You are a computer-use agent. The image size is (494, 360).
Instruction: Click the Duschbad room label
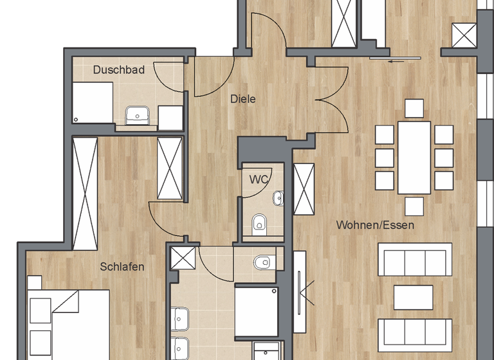(x=118, y=70)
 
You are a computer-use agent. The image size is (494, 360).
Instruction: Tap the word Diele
(x=243, y=99)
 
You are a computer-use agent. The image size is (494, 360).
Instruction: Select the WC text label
(x=259, y=179)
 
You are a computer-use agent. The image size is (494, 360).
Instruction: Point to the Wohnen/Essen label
(x=375, y=225)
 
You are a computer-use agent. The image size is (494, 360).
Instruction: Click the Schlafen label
(x=122, y=266)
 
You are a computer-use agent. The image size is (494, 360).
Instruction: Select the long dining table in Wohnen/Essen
(x=414, y=157)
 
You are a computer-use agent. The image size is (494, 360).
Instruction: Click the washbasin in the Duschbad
(x=137, y=115)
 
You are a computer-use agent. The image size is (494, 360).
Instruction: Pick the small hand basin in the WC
(x=279, y=198)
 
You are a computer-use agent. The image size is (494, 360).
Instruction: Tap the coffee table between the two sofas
(x=414, y=296)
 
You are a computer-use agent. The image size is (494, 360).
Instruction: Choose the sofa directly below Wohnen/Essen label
(x=414, y=259)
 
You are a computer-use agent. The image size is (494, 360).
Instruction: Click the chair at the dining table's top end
(x=414, y=109)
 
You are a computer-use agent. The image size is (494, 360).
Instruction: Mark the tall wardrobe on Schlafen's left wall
(x=85, y=193)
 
